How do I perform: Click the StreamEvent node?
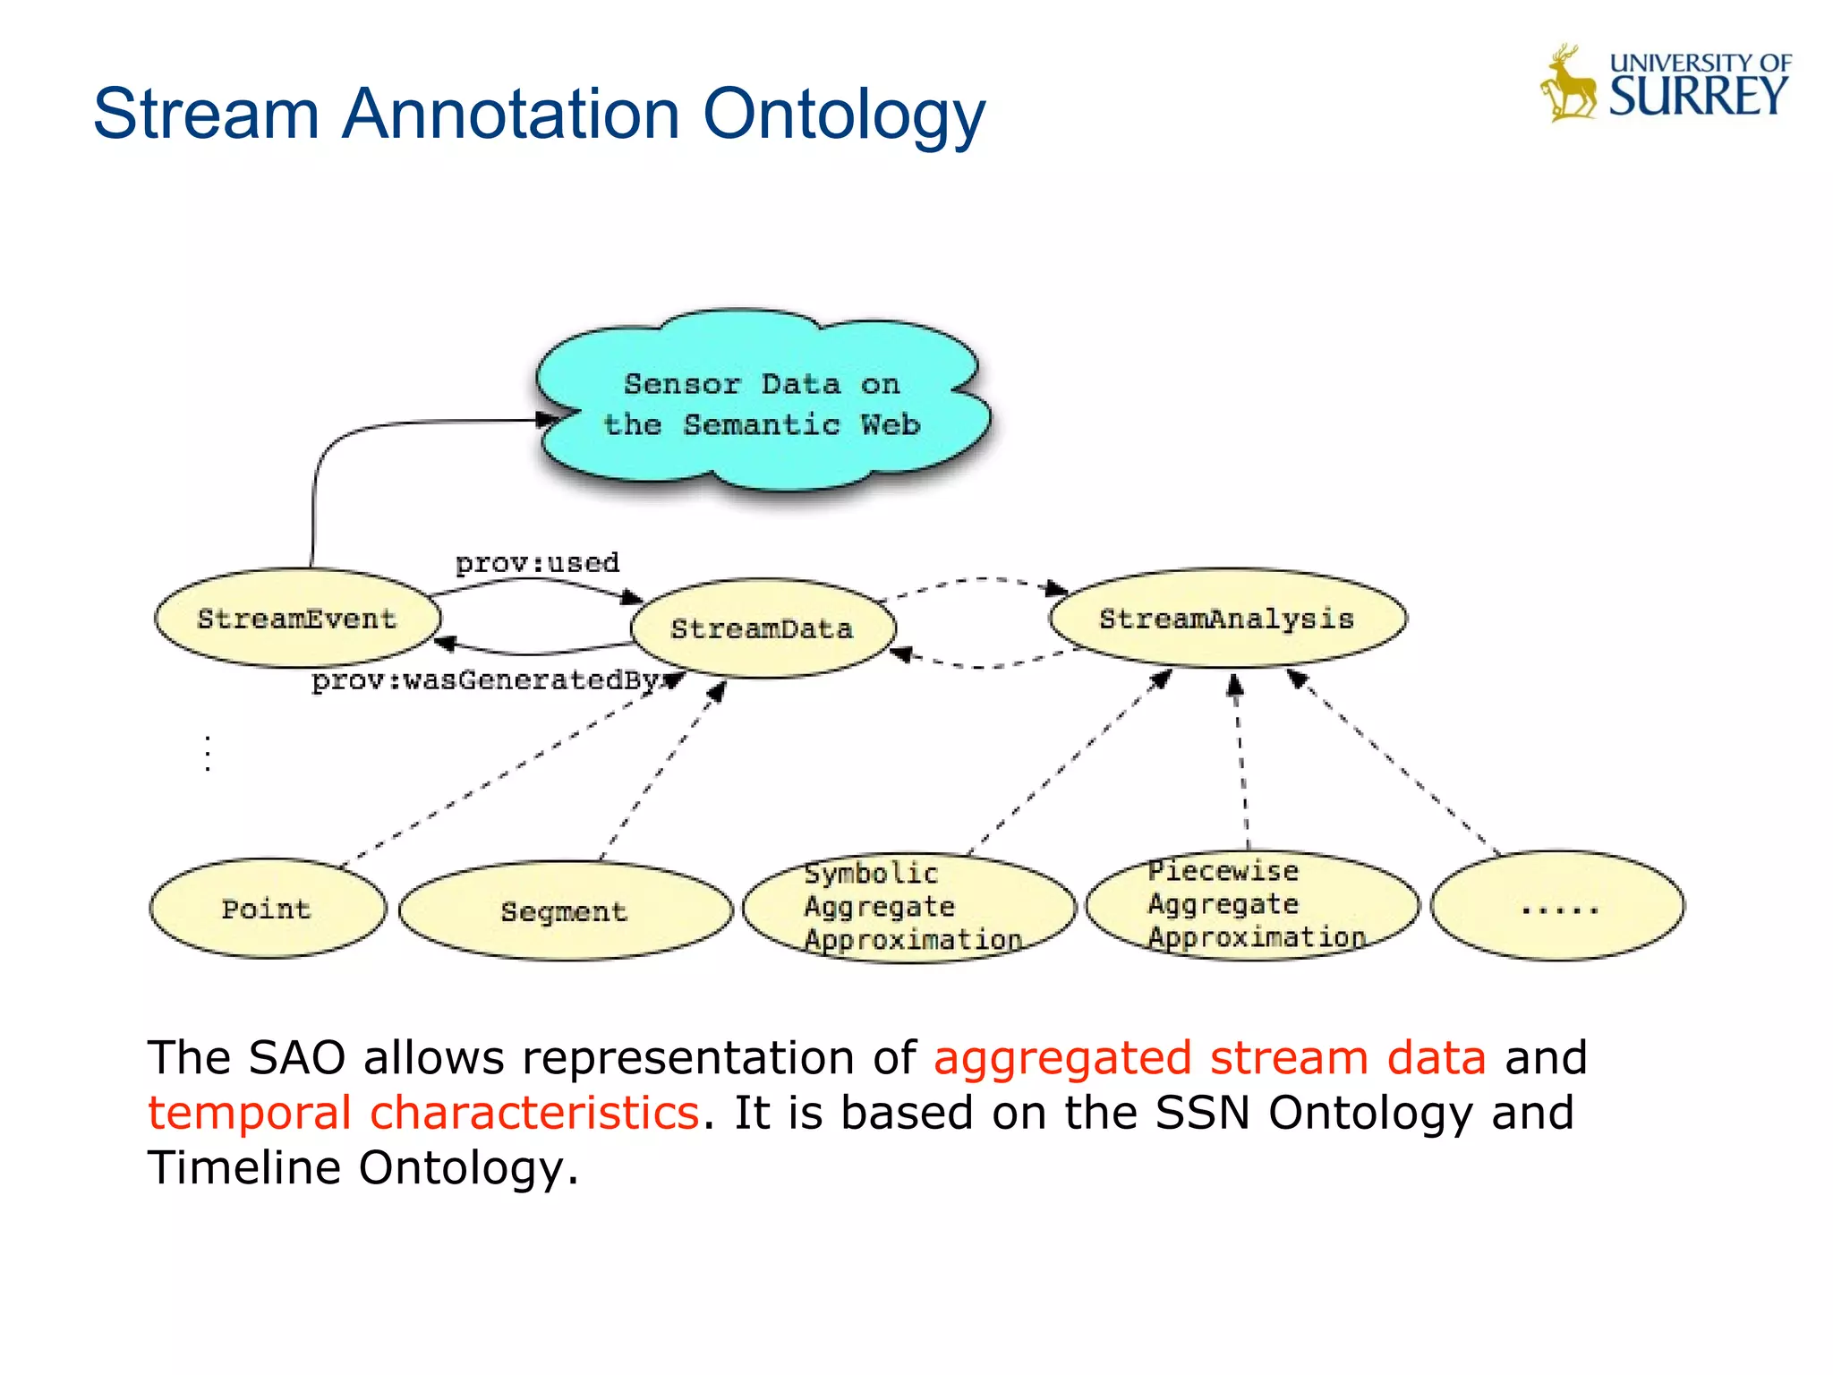click(x=297, y=619)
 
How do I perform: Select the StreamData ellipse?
click(x=763, y=628)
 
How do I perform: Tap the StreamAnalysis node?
click(x=1227, y=619)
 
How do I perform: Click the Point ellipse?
click(x=267, y=909)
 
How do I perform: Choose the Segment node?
click(x=565, y=911)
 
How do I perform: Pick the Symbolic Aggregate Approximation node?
click(x=908, y=907)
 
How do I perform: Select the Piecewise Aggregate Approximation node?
click(x=1251, y=904)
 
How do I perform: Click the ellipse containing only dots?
click(x=1558, y=906)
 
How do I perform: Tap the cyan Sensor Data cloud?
click(x=763, y=403)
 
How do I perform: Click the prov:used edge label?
click(x=537, y=563)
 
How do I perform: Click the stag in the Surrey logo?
click(x=1568, y=85)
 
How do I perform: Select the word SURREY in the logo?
click(x=1698, y=97)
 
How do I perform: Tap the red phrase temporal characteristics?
click(x=423, y=1113)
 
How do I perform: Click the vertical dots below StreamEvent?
click(x=208, y=753)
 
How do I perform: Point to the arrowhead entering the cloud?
click(x=547, y=419)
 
